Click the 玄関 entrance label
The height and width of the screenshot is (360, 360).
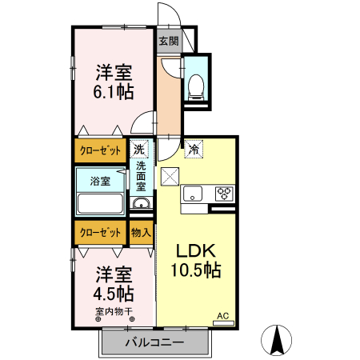click(169, 41)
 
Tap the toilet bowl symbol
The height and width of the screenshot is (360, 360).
click(196, 87)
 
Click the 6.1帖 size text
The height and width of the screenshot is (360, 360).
click(114, 92)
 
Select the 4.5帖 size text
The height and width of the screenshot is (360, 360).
click(114, 294)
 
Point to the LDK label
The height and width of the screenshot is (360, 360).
click(196, 251)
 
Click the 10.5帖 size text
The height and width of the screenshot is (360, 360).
click(196, 270)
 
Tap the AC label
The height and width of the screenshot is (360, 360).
click(223, 316)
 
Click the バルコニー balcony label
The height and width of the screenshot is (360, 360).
click(155, 342)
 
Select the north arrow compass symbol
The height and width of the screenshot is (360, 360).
click(276, 340)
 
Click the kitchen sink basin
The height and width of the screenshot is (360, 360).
click(193, 193)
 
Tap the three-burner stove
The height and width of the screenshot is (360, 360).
click(224, 194)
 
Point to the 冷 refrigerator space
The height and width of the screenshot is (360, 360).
click(194, 149)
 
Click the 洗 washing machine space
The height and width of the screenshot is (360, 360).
click(139, 149)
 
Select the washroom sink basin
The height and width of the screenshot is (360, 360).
click(142, 204)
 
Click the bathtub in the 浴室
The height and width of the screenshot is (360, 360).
click(100, 203)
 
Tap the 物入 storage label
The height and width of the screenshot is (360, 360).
click(141, 233)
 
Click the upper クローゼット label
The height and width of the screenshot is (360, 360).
click(100, 151)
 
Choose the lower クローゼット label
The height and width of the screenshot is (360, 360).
click(100, 233)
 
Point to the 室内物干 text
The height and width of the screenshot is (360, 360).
click(114, 311)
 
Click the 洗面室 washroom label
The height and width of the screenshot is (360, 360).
click(141, 176)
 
